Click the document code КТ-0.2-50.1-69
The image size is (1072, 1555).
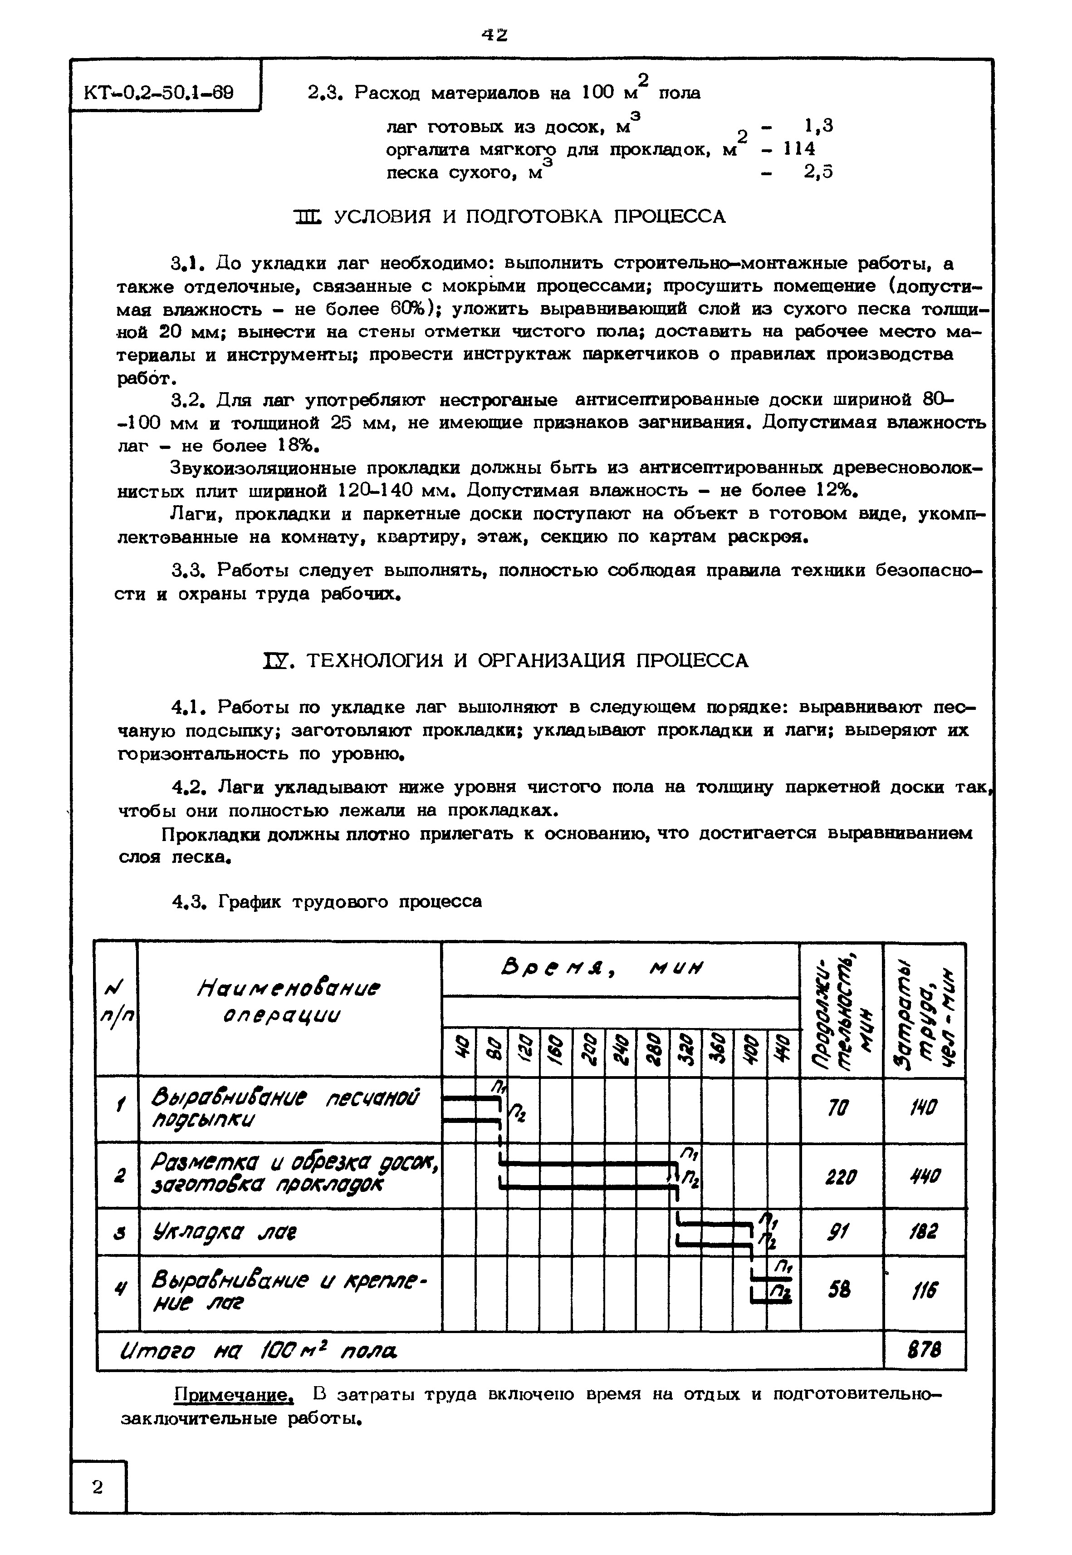pyautogui.click(x=159, y=91)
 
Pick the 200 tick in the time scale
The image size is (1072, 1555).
pyautogui.click(x=588, y=1053)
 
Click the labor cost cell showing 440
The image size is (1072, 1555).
pyautogui.click(x=924, y=1175)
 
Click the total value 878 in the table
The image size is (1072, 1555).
pyautogui.click(x=924, y=1350)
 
